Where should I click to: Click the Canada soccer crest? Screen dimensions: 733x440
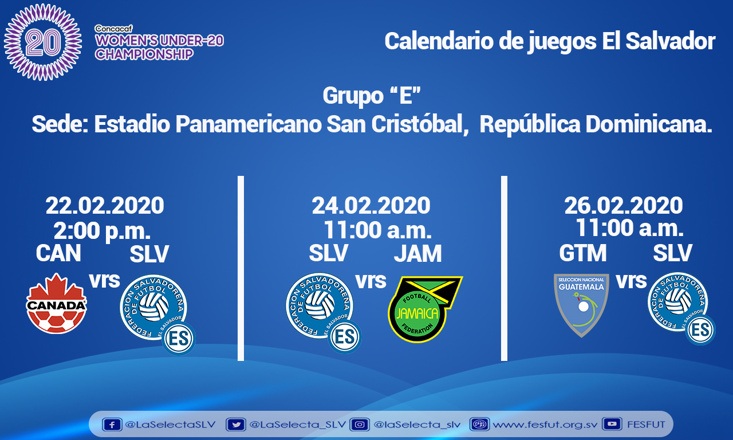click(x=57, y=304)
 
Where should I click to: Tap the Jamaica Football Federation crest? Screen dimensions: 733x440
click(x=425, y=309)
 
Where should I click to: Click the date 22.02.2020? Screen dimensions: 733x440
click(x=105, y=206)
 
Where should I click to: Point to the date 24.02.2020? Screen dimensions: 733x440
click(x=371, y=206)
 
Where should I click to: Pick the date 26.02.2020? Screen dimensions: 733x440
click(x=624, y=206)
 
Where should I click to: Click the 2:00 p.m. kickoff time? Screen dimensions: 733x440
click(x=102, y=231)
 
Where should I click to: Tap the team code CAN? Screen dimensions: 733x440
click(x=58, y=253)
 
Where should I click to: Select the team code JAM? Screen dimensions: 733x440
click(x=417, y=253)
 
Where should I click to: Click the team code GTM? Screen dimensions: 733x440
click(x=583, y=253)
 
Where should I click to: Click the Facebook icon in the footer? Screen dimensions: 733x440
click(x=112, y=425)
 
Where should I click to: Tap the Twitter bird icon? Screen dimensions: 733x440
click(x=235, y=425)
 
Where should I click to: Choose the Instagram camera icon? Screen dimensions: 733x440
click(x=360, y=425)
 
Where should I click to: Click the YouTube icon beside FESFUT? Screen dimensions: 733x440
click(x=612, y=424)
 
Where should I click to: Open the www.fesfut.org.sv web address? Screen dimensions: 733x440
click(x=545, y=425)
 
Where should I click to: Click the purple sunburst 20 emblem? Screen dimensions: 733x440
click(x=43, y=42)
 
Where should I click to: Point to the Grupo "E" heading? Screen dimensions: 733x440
click(x=372, y=95)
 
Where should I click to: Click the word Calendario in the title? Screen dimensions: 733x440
click(x=439, y=41)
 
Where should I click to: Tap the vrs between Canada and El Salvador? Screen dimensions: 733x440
click(x=105, y=280)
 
